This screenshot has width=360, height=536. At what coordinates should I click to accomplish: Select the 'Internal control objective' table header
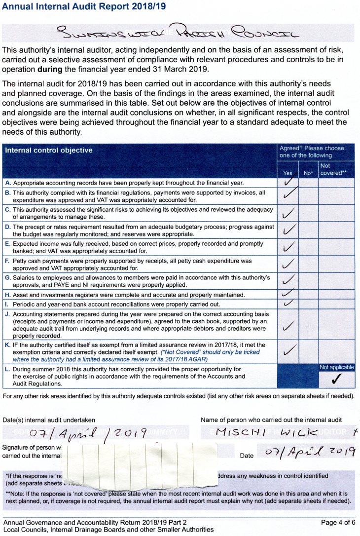(x=48, y=150)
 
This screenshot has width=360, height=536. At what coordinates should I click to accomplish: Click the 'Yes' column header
(x=288, y=173)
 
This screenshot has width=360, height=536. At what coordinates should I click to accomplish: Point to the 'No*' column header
(x=308, y=173)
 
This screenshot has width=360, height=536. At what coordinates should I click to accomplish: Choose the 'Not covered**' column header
(x=333, y=169)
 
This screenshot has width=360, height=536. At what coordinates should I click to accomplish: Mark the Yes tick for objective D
(x=289, y=230)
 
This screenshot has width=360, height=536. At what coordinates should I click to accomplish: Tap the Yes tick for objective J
(x=289, y=325)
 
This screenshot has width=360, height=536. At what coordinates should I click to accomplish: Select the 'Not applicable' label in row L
(x=336, y=367)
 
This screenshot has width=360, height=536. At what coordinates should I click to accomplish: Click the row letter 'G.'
(x=8, y=277)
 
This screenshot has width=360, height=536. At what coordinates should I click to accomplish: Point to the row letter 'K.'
(x=8, y=345)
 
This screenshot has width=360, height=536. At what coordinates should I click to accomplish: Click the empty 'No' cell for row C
(x=308, y=213)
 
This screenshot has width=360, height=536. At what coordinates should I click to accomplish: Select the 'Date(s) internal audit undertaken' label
(x=49, y=420)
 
